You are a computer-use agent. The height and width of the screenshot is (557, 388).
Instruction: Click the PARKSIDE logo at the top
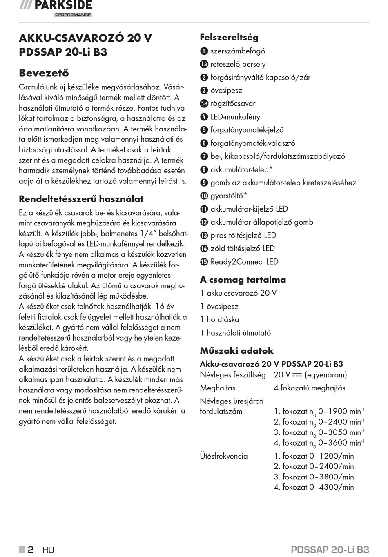pyautogui.click(x=56, y=7)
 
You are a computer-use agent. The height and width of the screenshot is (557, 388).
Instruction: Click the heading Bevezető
pyautogui.click(x=44, y=73)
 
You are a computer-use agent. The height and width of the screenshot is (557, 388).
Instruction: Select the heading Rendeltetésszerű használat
pyautogui.click(x=81, y=199)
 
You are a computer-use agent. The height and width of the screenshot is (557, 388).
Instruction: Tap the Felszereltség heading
pyautogui.click(x=229, y=37)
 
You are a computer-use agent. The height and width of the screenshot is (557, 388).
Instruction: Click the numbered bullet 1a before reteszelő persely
pyautogui.click(x=204, y=64)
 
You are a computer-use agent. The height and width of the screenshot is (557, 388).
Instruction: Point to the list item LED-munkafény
pyautogui.click(x=235, y=117)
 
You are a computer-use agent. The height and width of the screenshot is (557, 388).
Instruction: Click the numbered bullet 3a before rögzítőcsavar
pyautogui.click(x=204, y=104)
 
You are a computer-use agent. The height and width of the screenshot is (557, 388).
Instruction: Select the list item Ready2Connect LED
pyautogui.click(x=244, y=262)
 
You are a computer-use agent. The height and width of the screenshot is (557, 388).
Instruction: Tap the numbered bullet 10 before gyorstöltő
pyautogui.click(x=204, y=196)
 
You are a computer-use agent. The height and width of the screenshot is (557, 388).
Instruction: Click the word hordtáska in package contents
pyautogui.click(x=223, y=320)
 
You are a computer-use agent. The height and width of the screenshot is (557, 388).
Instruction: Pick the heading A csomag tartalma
pyautogui.click(x=243, y=280)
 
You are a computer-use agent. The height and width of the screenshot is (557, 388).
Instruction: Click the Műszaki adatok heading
pyautogui.click(x=236, y=351)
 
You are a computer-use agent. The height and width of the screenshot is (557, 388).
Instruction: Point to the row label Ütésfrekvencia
pyautogui.click(x=224, y=456)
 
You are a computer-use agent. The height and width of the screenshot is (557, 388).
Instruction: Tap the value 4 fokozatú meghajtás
pyautogui.click(x=309, y=388)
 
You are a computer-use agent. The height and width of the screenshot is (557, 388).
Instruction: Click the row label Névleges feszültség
pyautogui.click(x=232, y=375)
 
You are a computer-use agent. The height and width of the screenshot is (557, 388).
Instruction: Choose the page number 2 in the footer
pyautogui.click(x=31, y=550)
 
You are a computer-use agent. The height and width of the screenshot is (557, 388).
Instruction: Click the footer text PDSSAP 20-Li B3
pyautogui.click(x=330, y=550)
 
